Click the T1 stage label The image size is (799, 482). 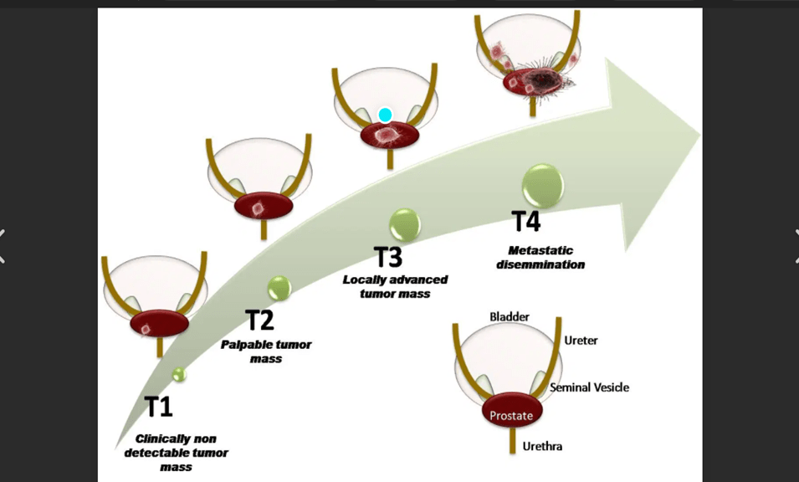[158, 407]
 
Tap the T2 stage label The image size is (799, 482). [259, 320]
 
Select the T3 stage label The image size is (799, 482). [387, 257]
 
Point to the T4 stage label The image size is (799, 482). [526, 223]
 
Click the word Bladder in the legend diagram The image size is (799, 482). [509, 316]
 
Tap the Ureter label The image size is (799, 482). [581, 341]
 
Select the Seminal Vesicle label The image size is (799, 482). [589, 387]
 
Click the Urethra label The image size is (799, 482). [542, 446]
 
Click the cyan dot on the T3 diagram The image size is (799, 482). [385, 115]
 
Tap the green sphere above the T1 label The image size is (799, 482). [178, 374]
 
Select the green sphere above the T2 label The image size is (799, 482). [279, 289]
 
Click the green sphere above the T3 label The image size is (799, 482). [405, 224]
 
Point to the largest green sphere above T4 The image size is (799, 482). [542, 185]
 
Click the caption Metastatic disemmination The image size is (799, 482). [545, 258]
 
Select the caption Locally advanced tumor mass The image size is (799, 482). [396, 286]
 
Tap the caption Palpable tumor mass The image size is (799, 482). [266, 351]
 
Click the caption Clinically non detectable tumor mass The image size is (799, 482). [176, 453]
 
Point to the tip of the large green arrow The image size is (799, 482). [699, 135]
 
